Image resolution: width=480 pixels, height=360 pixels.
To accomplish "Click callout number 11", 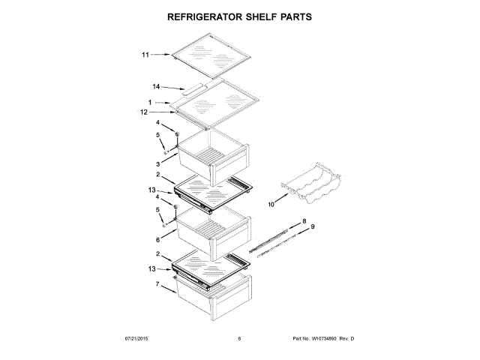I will [145, 54].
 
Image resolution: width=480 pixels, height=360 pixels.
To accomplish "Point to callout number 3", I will [158, 163].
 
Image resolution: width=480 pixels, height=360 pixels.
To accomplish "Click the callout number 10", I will [271, 202].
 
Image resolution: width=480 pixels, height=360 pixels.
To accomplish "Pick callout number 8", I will [304, 221].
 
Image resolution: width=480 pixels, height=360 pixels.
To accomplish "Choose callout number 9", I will [313, 226].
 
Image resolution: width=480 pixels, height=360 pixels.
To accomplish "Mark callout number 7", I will [157, 284].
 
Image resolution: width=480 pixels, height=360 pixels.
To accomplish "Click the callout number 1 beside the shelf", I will [149, 102].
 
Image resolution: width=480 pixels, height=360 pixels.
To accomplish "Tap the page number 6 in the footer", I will [239, 339].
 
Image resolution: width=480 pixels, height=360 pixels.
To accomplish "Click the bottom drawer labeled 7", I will [217, 296].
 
